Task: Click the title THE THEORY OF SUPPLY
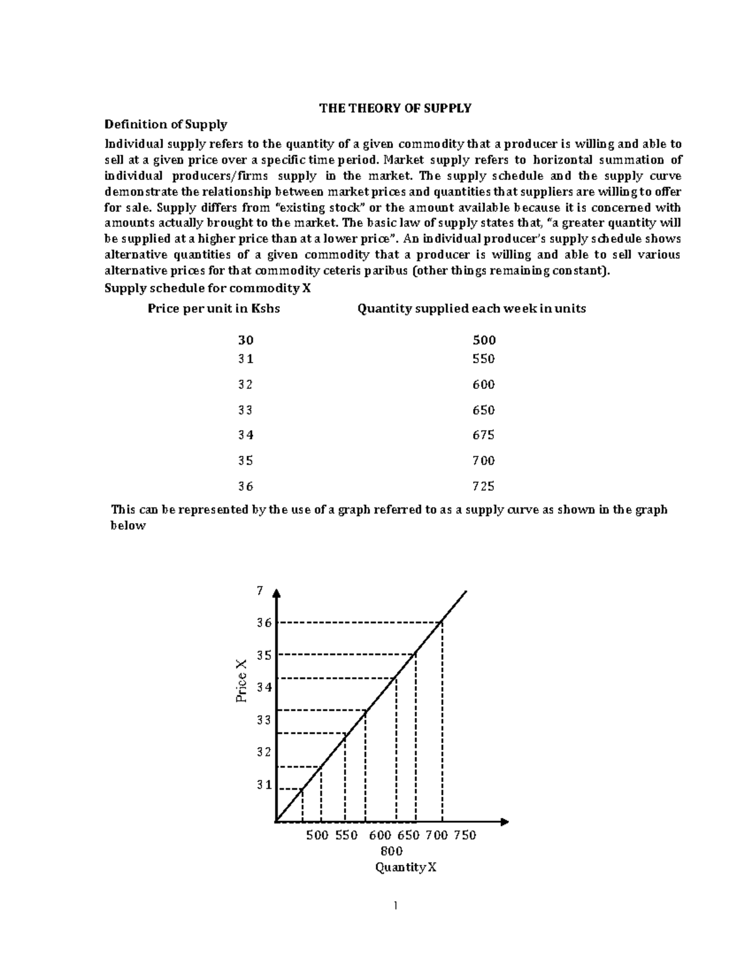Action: click(x=395, y=109)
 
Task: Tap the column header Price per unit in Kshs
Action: click(x=214, y=309)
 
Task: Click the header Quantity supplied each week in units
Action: click(x=471, y=309)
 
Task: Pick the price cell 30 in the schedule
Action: click(x=246, y=340)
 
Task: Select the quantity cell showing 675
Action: click(x=483, y=435)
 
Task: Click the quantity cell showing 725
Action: click(x=483, y=486)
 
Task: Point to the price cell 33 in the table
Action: click(x=246, y=410)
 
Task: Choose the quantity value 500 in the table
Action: click(x=483, y=340)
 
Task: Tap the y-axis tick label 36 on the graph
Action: click(x=264, y=623)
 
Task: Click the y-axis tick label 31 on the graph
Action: click(x=264, y=785)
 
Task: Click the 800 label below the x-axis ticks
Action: click(x=392, y=851)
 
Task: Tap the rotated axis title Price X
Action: click(x=242, y=680)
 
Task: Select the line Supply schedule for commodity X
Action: click(x=207, y=288)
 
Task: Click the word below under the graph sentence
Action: click(x=128, y=526)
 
